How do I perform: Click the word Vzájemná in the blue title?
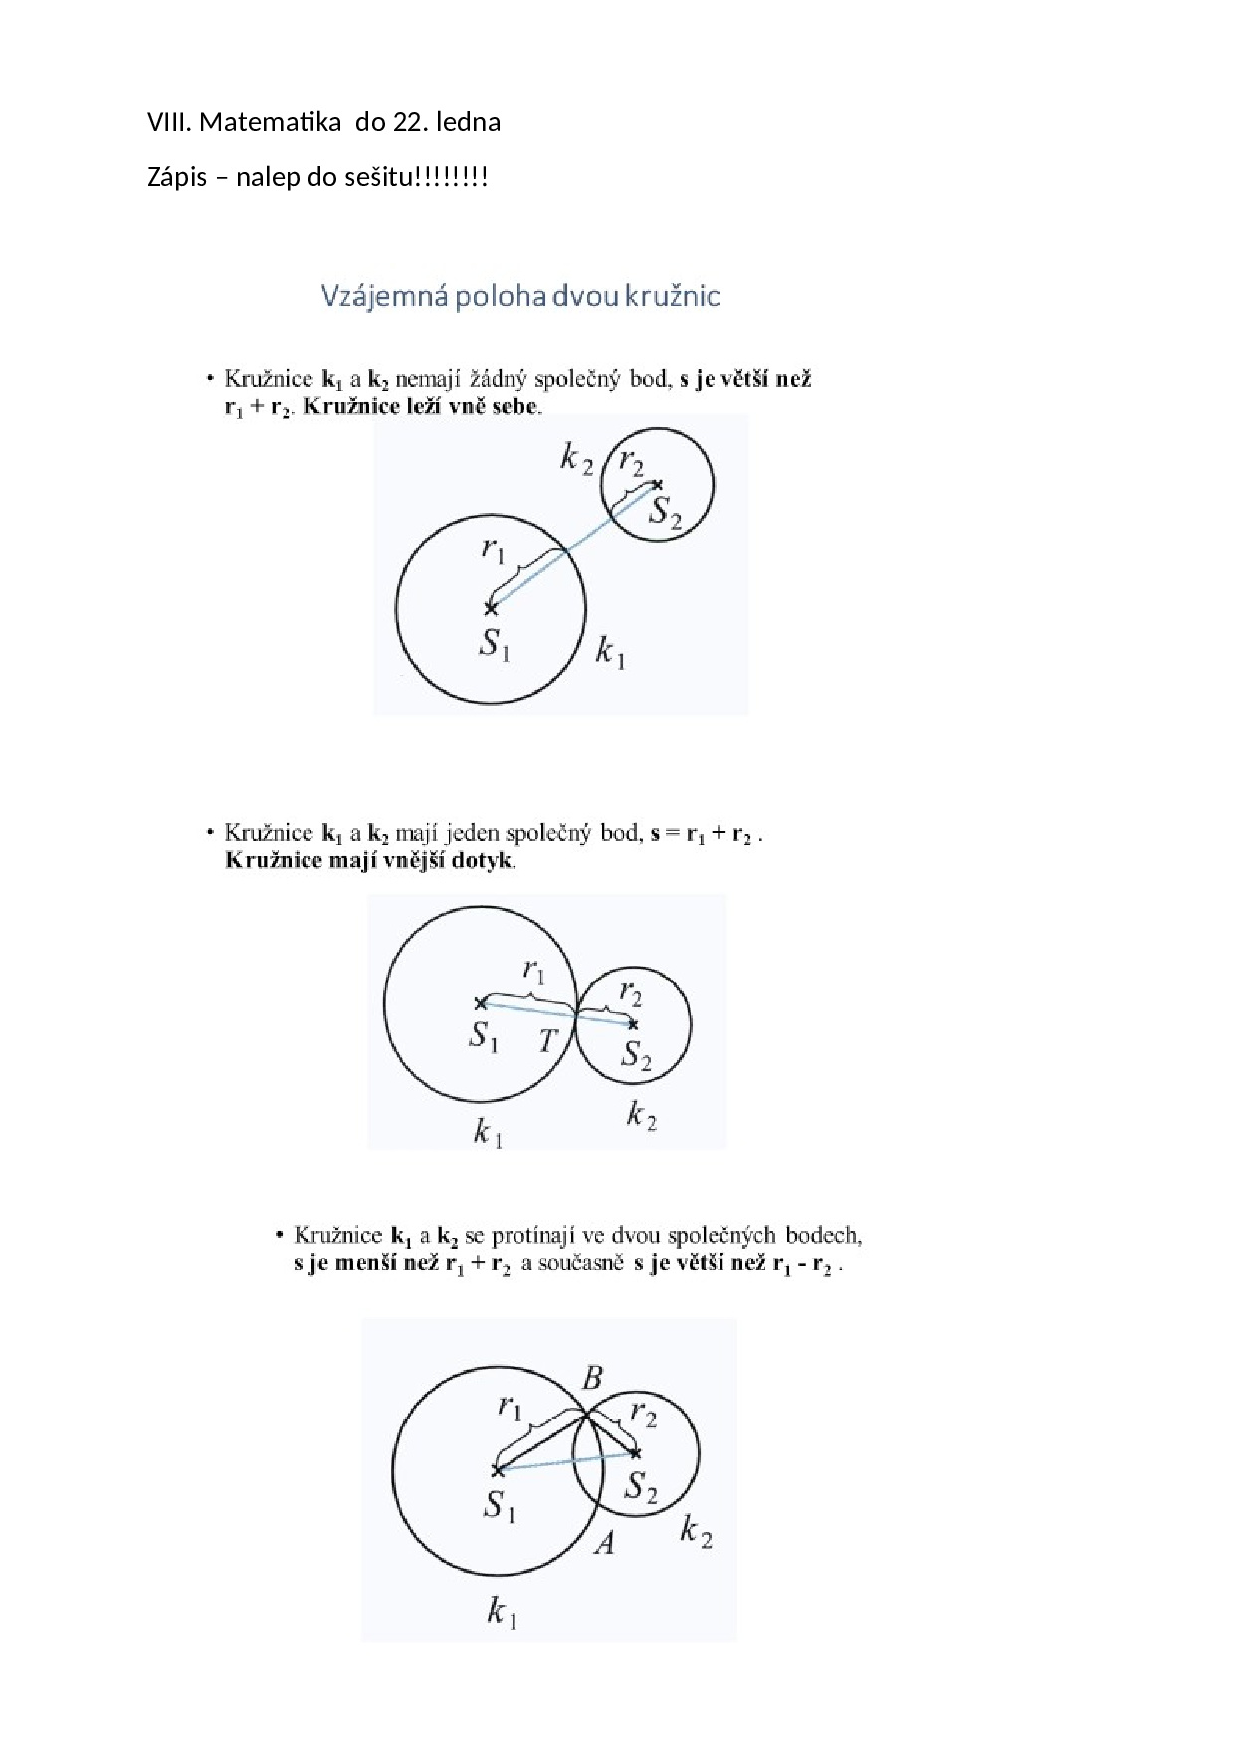[x=382, y=296]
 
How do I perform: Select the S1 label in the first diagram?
[x=495, y=644]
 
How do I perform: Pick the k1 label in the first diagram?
[x=610, y=653]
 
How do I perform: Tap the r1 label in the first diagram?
[x=494, y=547]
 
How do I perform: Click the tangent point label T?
[x=548, y=1041]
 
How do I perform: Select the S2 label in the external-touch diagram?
[x=636, y=1054]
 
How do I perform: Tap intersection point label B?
[x=592, y=1378]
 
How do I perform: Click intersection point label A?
[x=604, y=1543]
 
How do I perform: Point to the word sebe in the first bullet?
[x=516, y=406]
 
